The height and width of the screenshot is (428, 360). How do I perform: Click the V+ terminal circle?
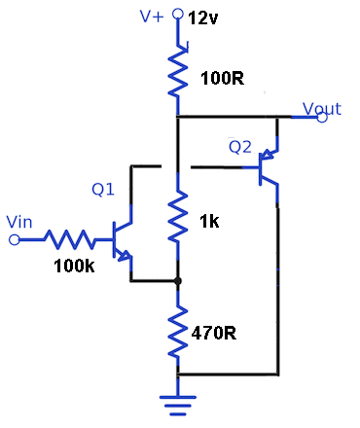(x=177, y=16)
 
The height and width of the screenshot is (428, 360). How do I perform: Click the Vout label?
(x=322, y=108)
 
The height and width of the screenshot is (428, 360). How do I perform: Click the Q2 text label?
(x=240, y=147)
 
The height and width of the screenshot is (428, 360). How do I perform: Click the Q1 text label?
(x=104, y=191)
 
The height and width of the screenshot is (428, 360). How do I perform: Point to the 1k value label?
(x=209, y=222)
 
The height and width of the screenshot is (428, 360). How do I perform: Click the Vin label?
(x=19, y=222)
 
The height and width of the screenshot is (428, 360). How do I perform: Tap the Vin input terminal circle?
(x=14, y=239)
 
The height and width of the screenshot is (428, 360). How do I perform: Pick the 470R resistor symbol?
(x=177, y=332)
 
